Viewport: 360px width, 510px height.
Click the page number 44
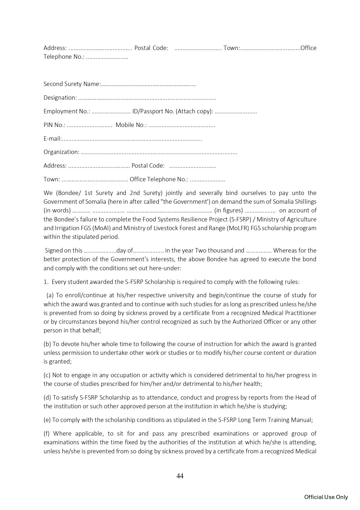180,476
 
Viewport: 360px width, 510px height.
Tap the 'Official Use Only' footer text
326,497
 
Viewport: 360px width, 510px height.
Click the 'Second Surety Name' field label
72,84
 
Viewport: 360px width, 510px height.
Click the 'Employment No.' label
67,111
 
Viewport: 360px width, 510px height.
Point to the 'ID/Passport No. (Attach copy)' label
172,111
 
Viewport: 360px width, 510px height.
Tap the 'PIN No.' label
54,125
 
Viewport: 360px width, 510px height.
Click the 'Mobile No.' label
131,125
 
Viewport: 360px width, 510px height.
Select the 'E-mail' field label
53,139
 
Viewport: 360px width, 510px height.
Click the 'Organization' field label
61,152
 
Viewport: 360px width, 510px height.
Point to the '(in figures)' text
228,210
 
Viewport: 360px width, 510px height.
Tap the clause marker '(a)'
50,295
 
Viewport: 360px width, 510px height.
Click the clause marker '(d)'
47,398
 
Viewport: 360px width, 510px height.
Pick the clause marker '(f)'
47,434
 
